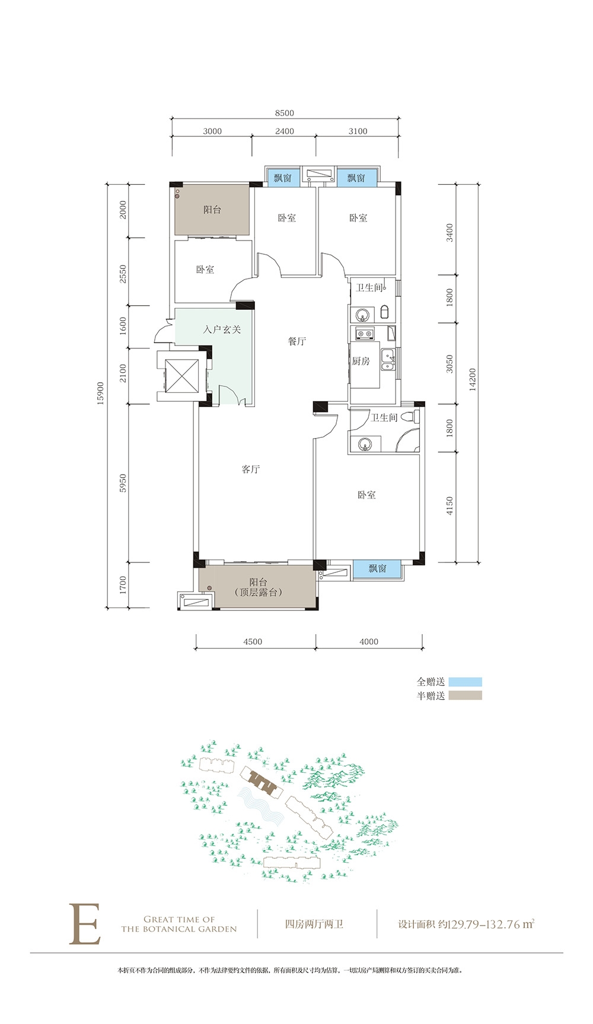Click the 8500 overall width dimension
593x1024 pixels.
(285, 113)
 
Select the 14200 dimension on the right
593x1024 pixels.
(472, 379)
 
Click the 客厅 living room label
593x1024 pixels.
(251, 469)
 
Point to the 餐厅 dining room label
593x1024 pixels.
(297, 341)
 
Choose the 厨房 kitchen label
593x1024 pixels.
(361, 361)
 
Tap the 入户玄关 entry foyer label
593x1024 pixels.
(222, 329)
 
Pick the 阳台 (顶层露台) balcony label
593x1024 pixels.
(258, 587)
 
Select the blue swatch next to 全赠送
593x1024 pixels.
(465, 682)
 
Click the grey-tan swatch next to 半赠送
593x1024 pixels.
(465, 696)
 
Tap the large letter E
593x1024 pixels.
(85, 924)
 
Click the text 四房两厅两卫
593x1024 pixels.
(314, 924)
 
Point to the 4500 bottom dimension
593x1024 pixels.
(253, 642)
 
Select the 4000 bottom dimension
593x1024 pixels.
(369, 642)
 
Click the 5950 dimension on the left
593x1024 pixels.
(123, 483)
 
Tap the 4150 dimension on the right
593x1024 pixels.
(449, 505)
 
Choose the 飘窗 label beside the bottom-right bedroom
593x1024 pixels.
(377, 568)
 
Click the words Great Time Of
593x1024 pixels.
(179, 920)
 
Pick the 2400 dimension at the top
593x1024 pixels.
(285, 132)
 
